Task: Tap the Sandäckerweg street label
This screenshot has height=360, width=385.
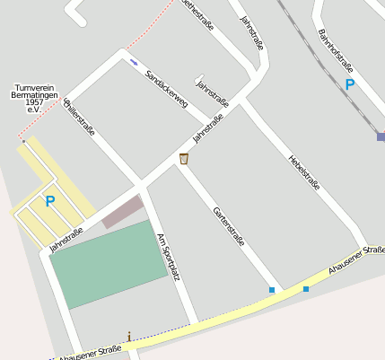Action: click(166, 89)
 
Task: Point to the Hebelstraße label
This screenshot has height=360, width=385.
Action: click(304, 171)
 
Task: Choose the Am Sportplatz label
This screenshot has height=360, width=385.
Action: click(169, 257)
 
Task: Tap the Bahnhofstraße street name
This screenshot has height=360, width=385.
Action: click(335, 52)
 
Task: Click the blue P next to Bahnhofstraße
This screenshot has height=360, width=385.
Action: click(349, 85)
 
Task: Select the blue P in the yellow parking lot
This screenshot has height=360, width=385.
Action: click(50, 202)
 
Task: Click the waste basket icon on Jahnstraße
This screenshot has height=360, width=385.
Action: click(184, 159)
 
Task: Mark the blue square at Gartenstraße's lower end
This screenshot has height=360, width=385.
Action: click(271, 290)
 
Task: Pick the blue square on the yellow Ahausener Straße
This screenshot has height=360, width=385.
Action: click(306, 289)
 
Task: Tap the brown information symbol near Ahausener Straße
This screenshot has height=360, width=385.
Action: click(129, 338)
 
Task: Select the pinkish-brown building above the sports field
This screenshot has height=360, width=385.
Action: click(122, 212)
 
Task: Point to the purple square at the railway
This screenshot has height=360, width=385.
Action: click(381, 136)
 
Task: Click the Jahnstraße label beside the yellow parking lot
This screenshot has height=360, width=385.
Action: click(66, 239)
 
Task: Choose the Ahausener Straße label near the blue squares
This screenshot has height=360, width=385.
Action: click(355, 258)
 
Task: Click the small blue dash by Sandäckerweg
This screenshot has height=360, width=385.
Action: click(134, 62)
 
